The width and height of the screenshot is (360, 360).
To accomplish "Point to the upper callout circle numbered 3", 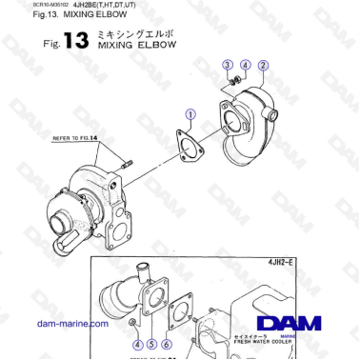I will pyautogui.click(x=228, y=65).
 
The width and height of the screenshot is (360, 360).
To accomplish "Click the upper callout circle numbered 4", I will pyautogui.click(x=244, y=65).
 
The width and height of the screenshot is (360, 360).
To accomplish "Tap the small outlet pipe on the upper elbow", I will pyautogui.click(x=274, y=116).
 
